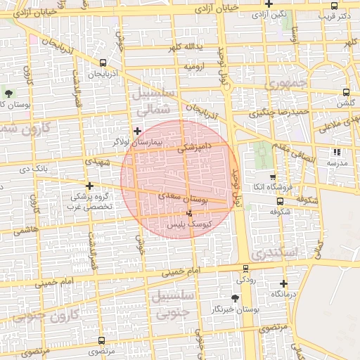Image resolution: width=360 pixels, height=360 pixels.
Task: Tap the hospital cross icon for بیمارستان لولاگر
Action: click(137, 130)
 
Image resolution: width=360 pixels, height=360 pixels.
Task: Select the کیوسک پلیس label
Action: click(186, 224)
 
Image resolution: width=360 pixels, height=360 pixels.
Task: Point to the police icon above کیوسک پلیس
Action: click(188, 214)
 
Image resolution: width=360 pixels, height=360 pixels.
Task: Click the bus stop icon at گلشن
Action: click(346, 92)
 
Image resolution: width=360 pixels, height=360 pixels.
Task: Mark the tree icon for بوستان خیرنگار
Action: click(234, 299)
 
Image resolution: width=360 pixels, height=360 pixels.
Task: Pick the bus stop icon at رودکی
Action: click(245, 269)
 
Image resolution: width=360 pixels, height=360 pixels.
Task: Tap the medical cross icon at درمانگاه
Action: click(283, 283)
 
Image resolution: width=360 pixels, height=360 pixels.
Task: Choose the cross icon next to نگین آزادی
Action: click(269, 4)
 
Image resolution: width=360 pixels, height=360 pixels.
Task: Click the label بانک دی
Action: click(33, 169)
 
